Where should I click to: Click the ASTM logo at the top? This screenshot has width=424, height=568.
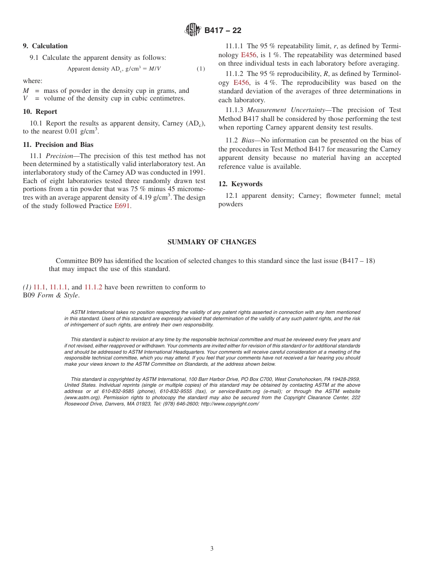[193, 30]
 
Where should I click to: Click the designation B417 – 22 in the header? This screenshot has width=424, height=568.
[223, 30]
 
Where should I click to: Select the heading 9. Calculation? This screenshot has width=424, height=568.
[45, 46]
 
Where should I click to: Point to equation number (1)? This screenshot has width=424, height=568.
[201, 69]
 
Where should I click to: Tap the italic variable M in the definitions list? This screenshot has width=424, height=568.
[26, 91]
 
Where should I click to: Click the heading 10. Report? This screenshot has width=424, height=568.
[40, 112]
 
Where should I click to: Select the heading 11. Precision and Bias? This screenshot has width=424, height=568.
[58, 145]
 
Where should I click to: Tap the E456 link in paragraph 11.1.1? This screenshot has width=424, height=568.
[249, 55]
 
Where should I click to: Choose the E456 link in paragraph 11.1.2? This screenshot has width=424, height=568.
[241, 83]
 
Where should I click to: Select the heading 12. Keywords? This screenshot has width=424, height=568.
[240, 184]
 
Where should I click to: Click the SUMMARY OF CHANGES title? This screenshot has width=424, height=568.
[212, 242]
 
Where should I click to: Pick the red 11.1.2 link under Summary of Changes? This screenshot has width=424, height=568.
[93, 287]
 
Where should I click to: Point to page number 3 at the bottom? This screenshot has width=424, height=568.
[212, 549]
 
